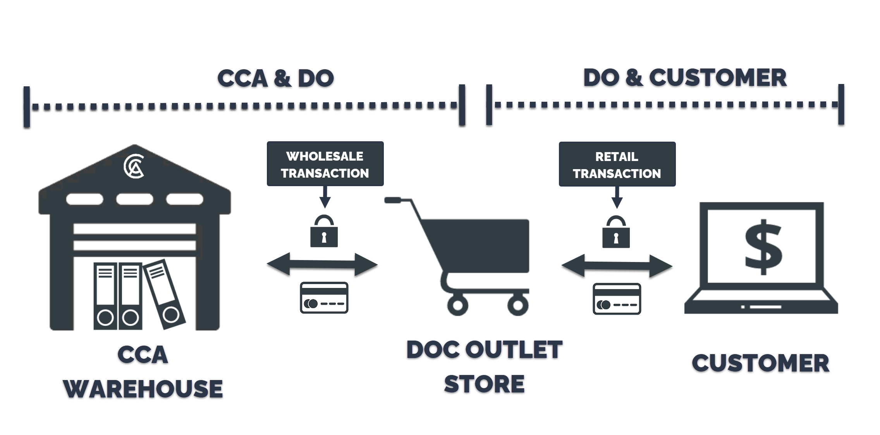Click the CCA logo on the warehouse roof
[x=134, y=167]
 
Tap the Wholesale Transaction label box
[x=325, y=164]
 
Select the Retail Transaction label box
[x=617, y=164]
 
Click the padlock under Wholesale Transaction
[x=324, y=232]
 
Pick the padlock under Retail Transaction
[x=616, y=233]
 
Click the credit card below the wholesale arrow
[x=324, y=298]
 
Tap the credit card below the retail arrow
[x=617, y=299]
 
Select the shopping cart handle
[x=394, y=200]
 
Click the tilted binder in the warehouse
[x=165, y=294]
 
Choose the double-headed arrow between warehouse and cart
[x=322, y=265]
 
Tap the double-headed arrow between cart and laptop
[x=617, y=267]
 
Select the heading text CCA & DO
[x=275, y=79]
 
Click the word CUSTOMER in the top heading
[x=718, y=78]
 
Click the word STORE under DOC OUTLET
[x=484, y=384]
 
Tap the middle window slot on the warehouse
[x=134, y=199]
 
